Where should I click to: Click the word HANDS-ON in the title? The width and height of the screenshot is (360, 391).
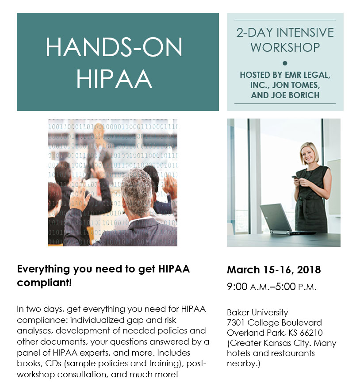(114, 47)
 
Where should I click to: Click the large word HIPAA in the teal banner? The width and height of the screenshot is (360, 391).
(114, 79)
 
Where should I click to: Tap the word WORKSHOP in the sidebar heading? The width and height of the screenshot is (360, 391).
(285, 47)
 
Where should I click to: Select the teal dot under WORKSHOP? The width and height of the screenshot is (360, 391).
(285, 63)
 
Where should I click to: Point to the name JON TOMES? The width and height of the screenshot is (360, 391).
(296, 85)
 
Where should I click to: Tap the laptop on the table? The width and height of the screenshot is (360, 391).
(282, 219)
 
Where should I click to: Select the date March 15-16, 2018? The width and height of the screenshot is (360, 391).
(274, 270)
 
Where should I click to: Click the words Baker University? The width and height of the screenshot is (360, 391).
(257, 312)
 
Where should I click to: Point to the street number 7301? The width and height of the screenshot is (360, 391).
(236, 323)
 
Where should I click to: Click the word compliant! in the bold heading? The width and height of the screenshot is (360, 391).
(44, 283)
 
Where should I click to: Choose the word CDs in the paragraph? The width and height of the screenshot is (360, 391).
(53, 363)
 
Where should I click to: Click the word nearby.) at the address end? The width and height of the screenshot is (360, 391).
(243, 364)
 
